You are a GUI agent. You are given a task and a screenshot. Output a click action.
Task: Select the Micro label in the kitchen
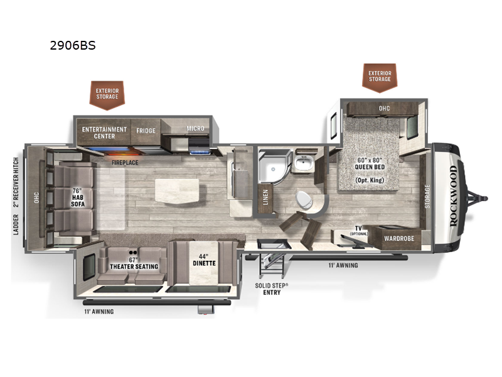[x=195, y=129]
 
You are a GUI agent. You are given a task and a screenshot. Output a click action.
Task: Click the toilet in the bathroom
[x=304, y=200]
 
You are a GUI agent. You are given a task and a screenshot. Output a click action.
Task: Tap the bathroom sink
[x=305, y=165]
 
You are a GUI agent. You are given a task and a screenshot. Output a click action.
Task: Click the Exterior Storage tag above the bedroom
[x=380, y=76]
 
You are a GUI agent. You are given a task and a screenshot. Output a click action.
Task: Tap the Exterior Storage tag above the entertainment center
[x=107, y=94]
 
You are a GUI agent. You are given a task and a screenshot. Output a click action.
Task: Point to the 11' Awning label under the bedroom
[x=343, y=265]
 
